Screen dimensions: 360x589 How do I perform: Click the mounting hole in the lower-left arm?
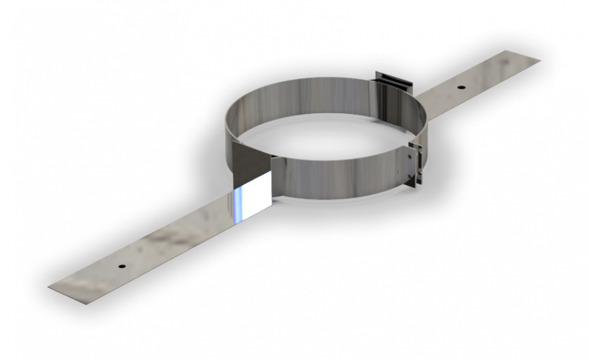121,266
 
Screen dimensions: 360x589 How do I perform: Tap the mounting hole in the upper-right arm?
461,87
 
